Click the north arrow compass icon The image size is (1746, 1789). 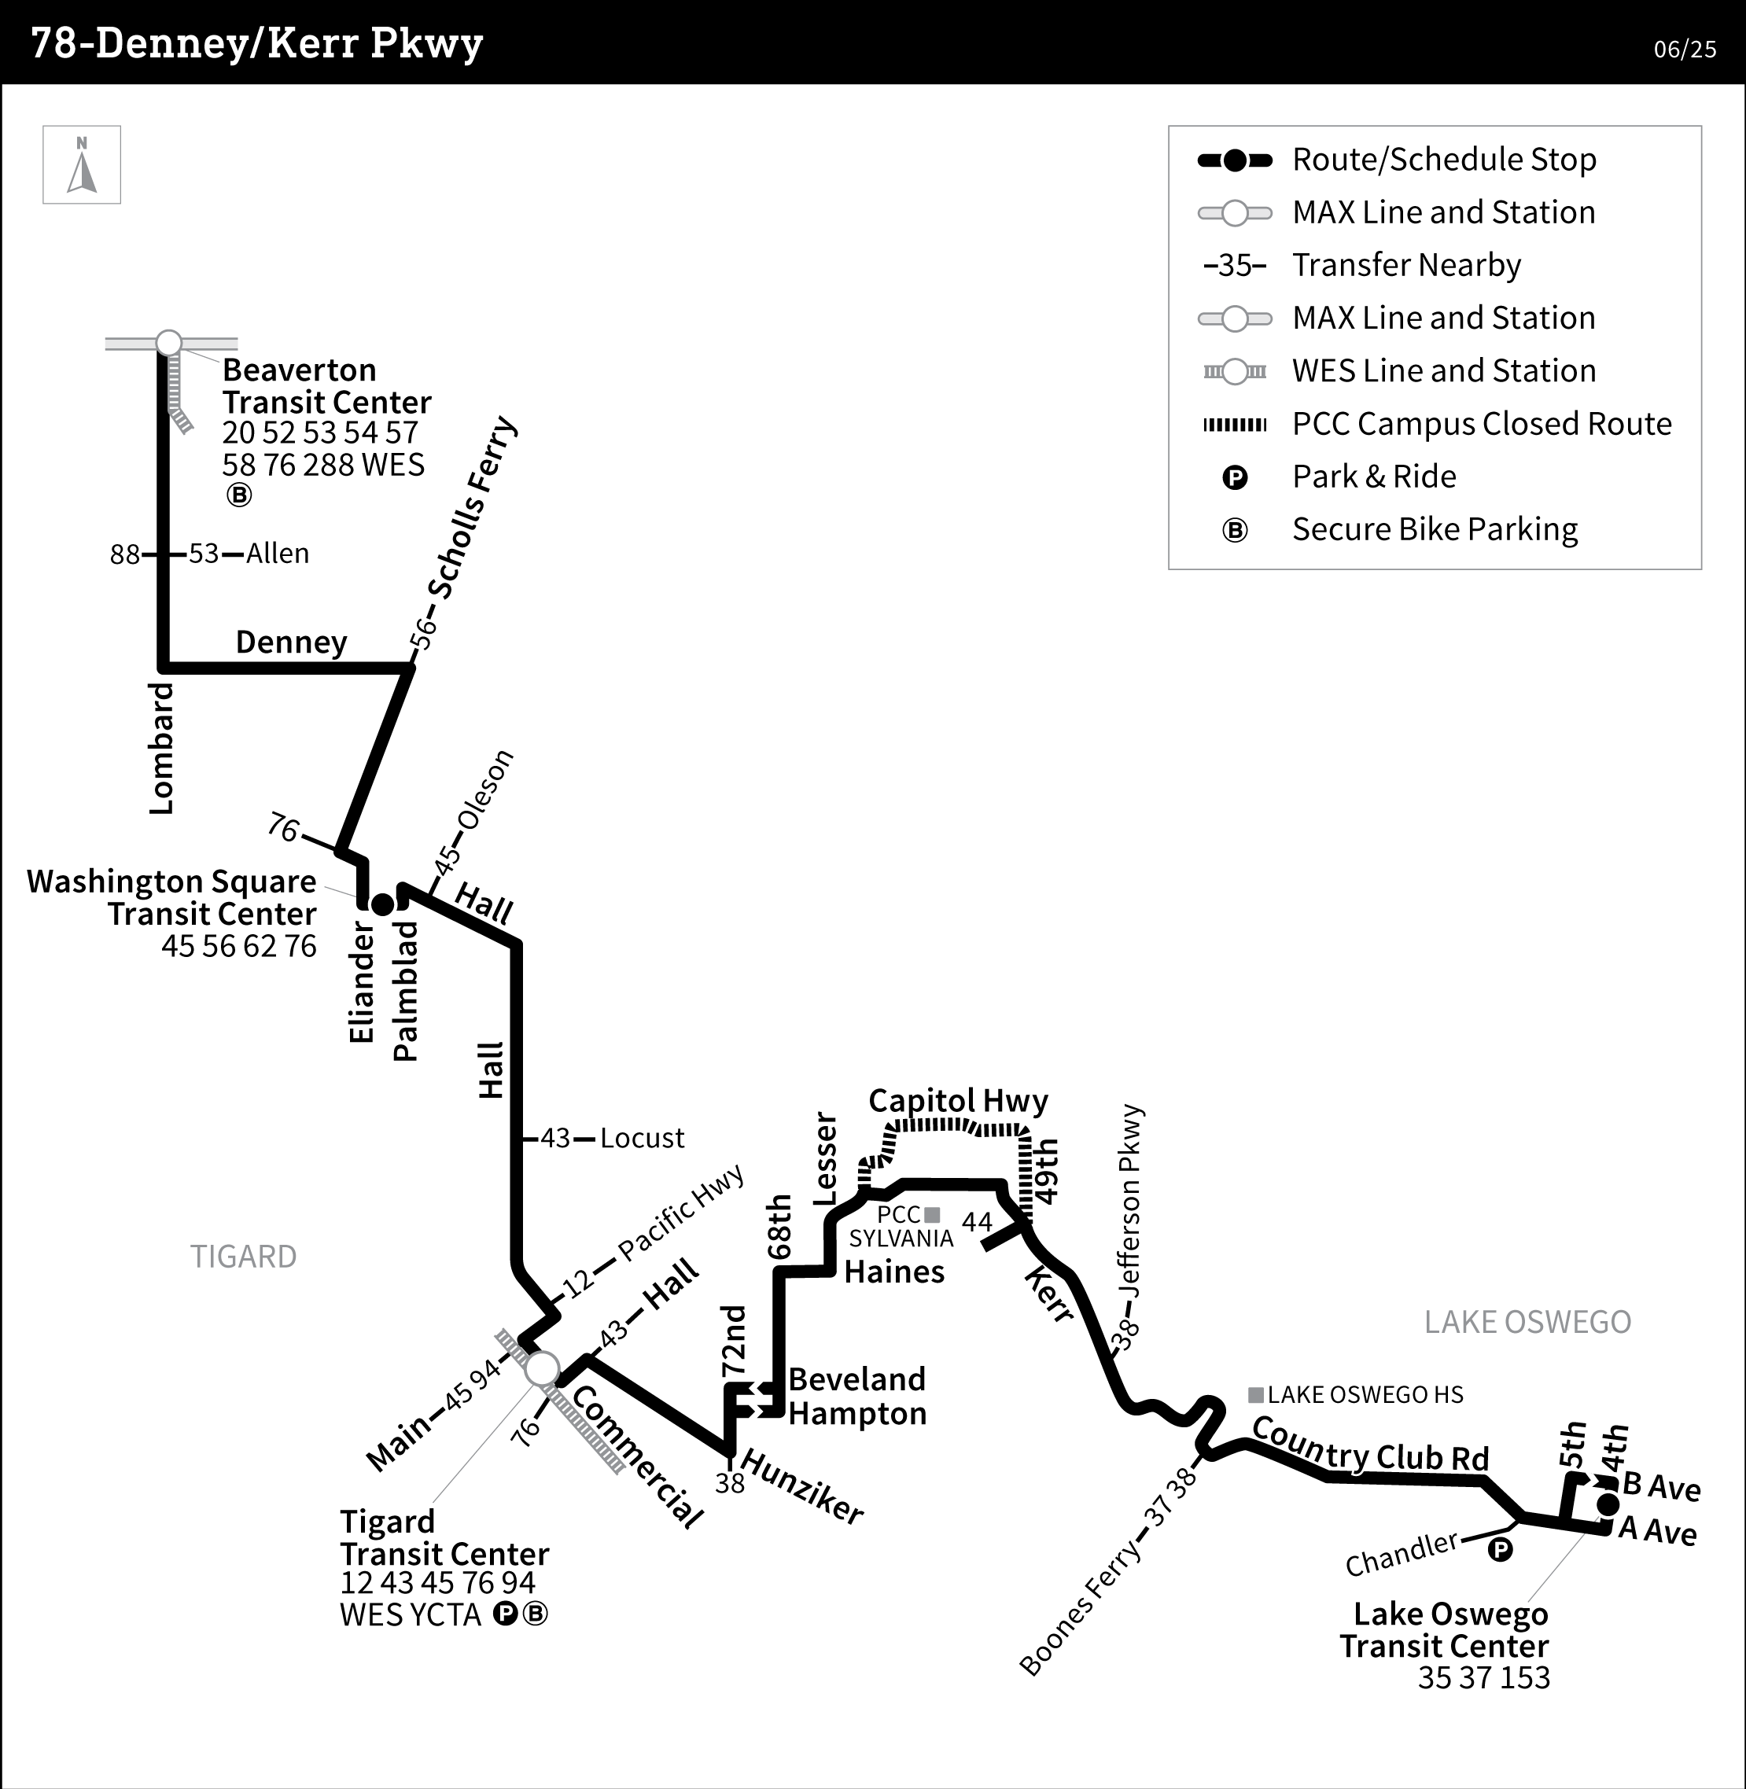pyautogui.click(x=82, y=165)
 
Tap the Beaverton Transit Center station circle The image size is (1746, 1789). pyautogui.click(x=169, y=343)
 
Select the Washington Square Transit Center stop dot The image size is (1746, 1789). pyautogui.click(x=382, y=904)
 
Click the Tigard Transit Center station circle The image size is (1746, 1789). pyautogui.click(x=542, y=1369)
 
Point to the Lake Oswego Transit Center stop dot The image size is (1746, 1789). pyautogui.click(x=1608, y=1504)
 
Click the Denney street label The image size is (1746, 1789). pyautogui.click(x=291, y=642)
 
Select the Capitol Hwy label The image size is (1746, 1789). pyautogui.click(x=957, y=1100)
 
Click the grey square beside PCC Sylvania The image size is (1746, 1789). pyautogui.click(x=933, y=1215)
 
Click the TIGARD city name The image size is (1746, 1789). pyautogui.click(x=243, y=1257)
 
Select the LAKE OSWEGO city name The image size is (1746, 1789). pyautogui.click(x=1527, y=1321)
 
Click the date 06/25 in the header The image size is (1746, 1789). pyautogui.click(x=1685, y=50)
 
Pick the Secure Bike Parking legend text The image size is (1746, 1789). pyautogui.click(x=1435, y=529)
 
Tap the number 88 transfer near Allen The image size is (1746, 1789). pyautogui.click(x=125, y=554)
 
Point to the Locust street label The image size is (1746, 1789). pyautogui.click(x=642, y=1139)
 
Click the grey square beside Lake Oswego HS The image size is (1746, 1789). pyautogui.click(x=1256, y=1395)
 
